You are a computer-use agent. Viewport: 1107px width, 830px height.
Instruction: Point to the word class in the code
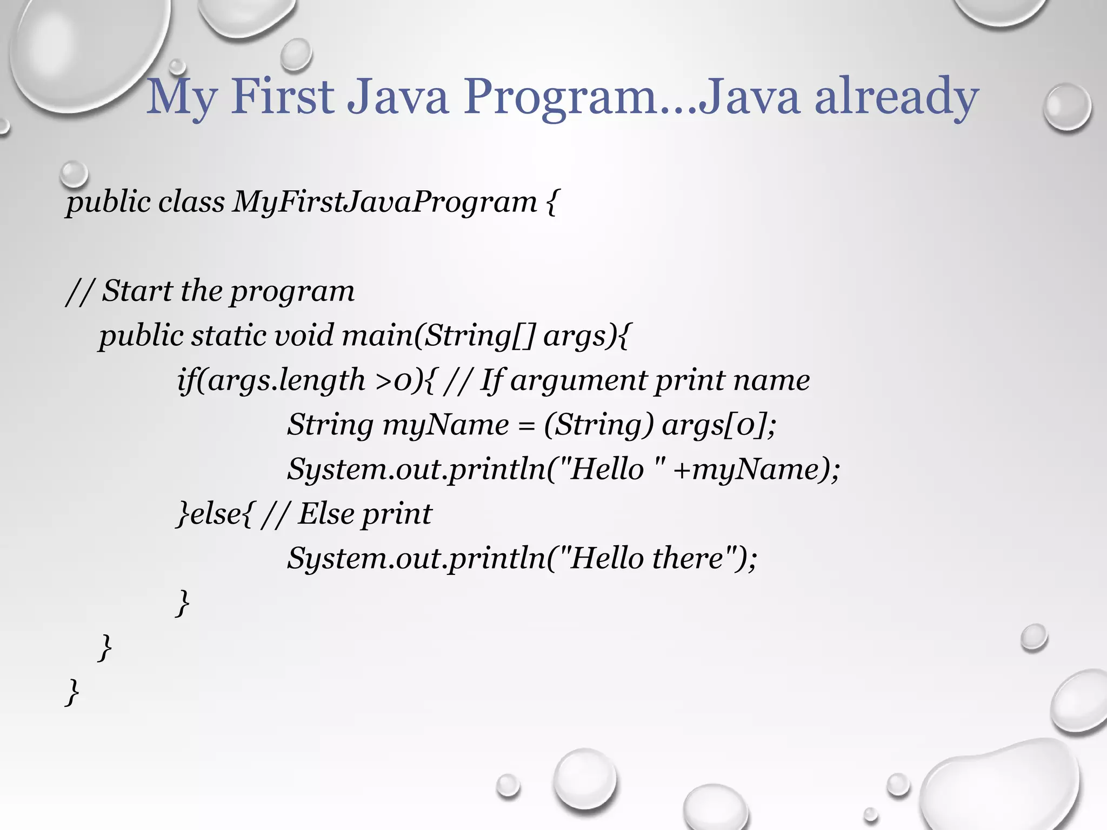point(191,202)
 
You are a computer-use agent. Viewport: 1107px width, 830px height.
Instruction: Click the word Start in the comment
point(137,291)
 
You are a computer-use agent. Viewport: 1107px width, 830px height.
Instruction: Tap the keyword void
point(305,335)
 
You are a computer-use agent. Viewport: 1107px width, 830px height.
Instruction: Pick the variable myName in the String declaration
point(445,425)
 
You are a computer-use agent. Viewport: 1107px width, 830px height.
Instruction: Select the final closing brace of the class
point(72,692)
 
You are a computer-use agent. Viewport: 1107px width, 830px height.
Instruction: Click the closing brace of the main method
point(105,647)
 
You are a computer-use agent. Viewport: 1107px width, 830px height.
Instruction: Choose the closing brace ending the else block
point(183,603)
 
